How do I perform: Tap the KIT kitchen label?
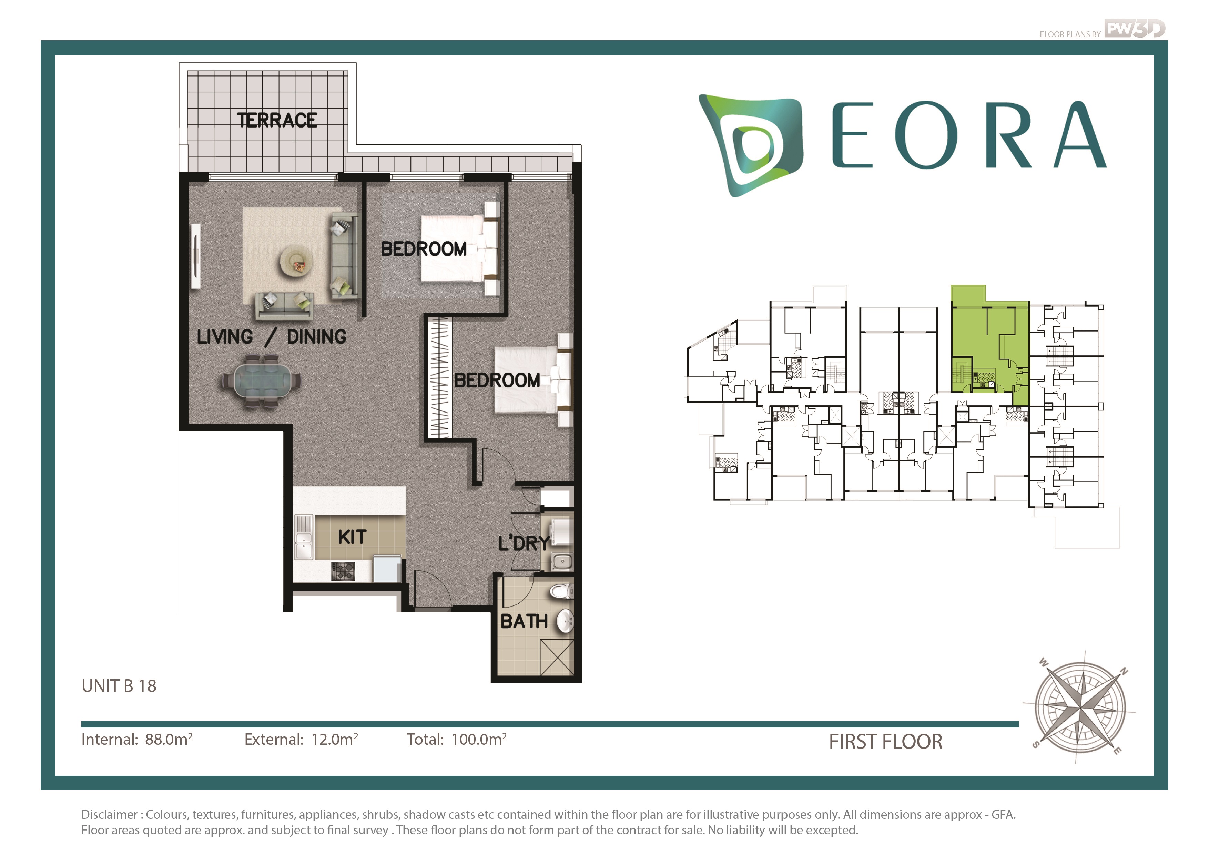pyautogui.click(x=352, y=537)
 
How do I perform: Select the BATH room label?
pyautogui.click(x=524, y=621)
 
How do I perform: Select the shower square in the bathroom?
pyautogui.click(x=557, y=657)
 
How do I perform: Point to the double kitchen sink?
pyautogui.click(x=304, y=537)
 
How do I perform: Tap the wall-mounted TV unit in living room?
pyautogui.click(x=196, y=256)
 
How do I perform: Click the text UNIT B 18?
pyautogui.click(x=119, y=686)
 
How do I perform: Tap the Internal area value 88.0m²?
pyautogui.click(x=169, y=739)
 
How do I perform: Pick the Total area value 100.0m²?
pyautogui.click(x=479, y=739)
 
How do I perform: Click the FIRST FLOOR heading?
pyautogui.click(x=886, y=742)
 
